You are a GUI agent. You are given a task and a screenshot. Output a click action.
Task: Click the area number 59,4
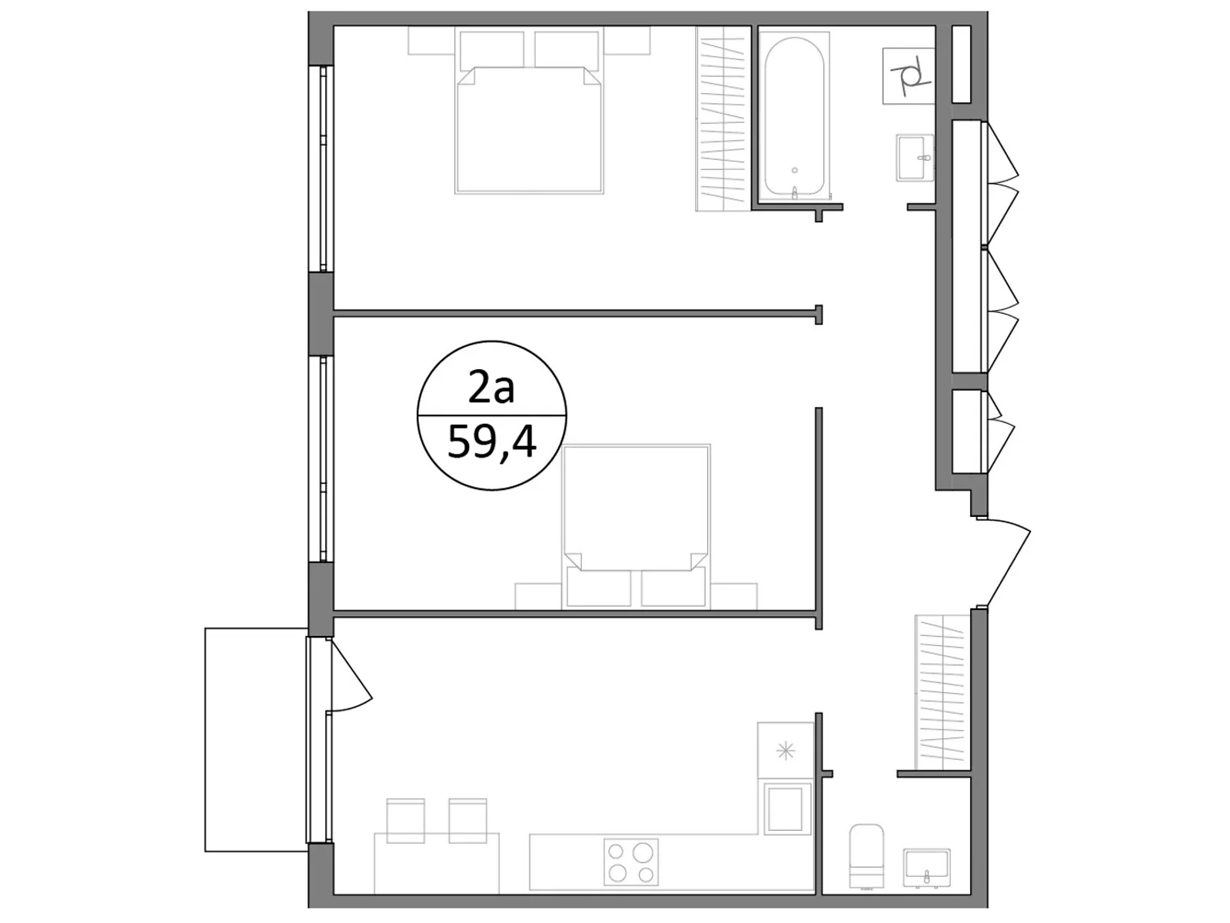[491, 442]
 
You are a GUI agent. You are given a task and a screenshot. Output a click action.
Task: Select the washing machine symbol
[908, 75]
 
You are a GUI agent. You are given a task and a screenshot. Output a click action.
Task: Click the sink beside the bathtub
[916, 158]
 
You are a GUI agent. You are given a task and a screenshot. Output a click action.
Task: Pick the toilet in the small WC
[866, 854]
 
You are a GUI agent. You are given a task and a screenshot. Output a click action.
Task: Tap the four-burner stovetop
[630, 861]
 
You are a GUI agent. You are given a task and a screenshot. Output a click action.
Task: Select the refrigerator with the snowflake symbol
[785, 750]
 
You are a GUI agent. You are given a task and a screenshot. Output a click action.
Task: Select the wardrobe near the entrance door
[939, 692]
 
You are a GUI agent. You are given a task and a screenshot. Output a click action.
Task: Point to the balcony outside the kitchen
[255, 739]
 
